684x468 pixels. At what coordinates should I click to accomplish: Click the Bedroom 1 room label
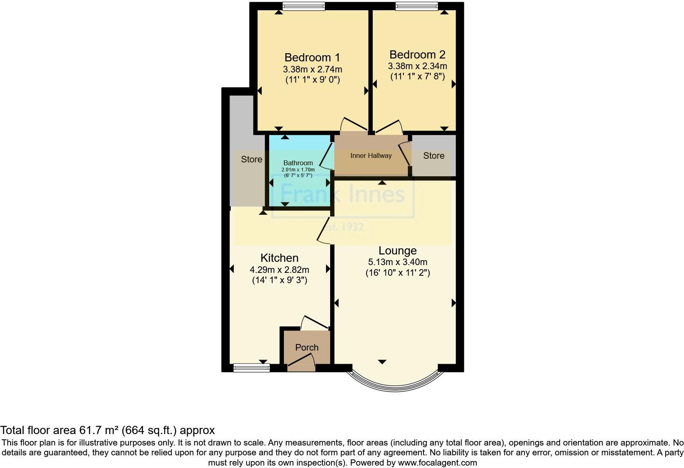click(x=312, y=57)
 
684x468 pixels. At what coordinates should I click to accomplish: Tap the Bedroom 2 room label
click(x=417, y=54)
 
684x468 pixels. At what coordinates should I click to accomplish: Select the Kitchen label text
click(x=279, y=258)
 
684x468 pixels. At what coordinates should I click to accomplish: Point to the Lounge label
click(x=397, y=250)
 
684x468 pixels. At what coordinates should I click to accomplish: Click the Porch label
click(x=307, y=347)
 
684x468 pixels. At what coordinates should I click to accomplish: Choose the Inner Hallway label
click(x=371, y=155)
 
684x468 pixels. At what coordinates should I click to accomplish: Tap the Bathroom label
click(x=298, y=163)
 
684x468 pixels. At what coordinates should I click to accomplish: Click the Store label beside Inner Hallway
click(x=434, y=155)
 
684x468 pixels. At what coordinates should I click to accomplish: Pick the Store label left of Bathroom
click(x=251, y=159)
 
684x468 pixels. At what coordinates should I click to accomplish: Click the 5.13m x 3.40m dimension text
click(x=397, y=262)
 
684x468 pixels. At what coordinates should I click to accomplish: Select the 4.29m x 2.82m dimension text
click(x=279, y=270)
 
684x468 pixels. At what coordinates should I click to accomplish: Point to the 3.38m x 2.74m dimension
click(x=312, y=69)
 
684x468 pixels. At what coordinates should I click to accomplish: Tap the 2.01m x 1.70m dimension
click(x=298, y=170)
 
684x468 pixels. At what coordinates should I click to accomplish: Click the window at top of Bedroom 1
click(x=304, y=6)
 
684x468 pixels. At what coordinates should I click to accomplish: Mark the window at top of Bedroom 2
click(x=416, y=6)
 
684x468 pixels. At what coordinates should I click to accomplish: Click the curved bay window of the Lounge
click(x=395, y=385)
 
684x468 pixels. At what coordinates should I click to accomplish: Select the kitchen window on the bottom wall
click(x=252, y=368)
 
